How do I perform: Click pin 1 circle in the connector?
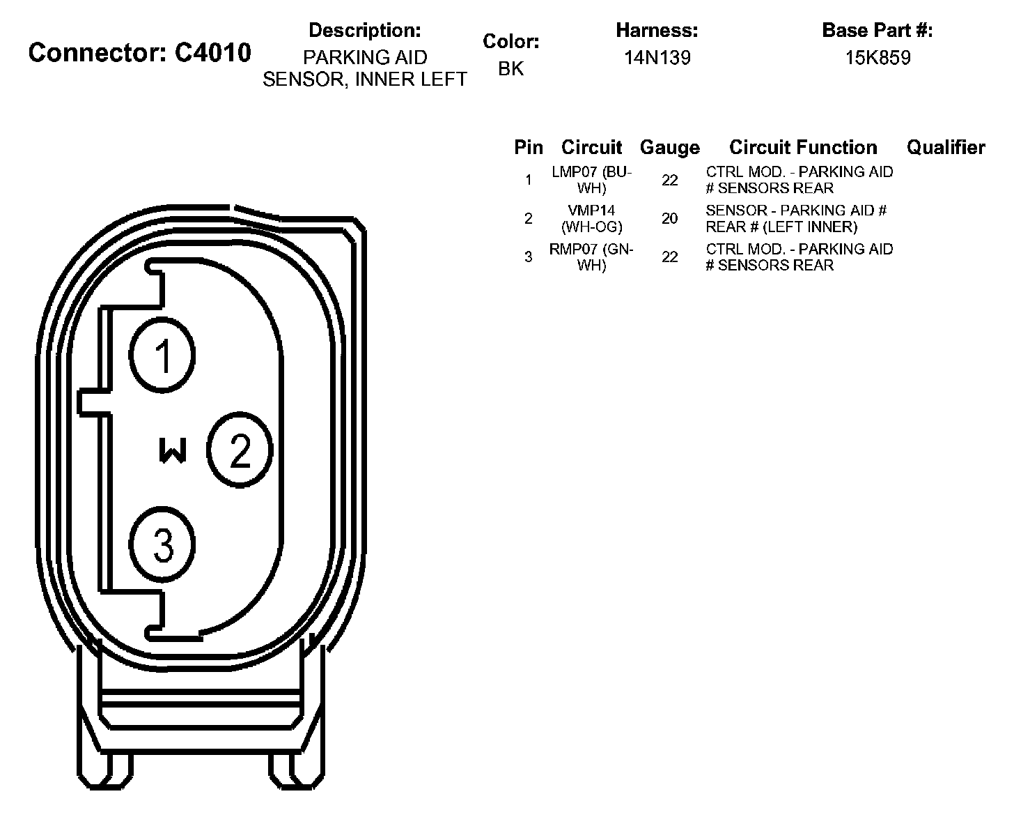tap(163, 356)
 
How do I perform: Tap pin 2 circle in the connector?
tap(240, 451)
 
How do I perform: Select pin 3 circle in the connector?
tap(163, 545)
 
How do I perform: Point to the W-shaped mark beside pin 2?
tap(173, 451)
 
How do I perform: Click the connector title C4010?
tap(139, 52)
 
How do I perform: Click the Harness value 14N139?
tap(657, 58)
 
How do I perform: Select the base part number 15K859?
tap(877, 58)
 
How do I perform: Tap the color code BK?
tap(510, 68)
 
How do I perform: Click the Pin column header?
tap(529, 148)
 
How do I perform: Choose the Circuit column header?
tap(591, 148)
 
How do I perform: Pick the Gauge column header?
tap(669, 148)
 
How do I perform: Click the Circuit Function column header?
tap(803, 148)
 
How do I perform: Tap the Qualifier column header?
tap(946, 148)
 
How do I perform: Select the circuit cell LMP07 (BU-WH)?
tap(591, 180)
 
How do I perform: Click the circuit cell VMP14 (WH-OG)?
tap(591, 218)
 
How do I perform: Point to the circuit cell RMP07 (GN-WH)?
tap(591, 257)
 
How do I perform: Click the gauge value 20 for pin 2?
tap(669, 219)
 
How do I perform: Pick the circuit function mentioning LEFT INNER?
tap(796, 218)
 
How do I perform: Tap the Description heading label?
tap(364, 31)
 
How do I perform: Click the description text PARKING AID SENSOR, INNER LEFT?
tap(364, 68)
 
